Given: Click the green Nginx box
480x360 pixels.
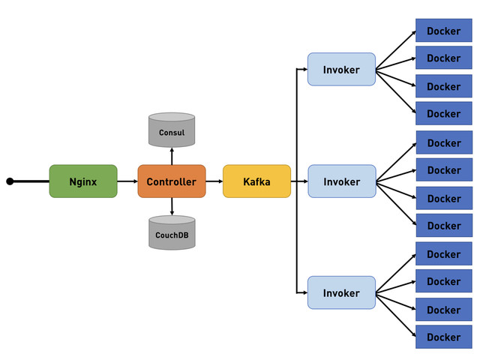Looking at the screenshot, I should click(x=83, y=181).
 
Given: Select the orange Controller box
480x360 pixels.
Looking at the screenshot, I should click(x=172, y=181).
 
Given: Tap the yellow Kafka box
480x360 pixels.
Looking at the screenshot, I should click(x=256, y=181).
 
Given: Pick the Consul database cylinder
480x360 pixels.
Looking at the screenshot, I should click(x=172, y=130).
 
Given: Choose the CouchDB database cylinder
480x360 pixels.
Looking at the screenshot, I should click(x=172, y=233).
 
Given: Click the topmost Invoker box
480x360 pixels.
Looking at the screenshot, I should click(x=341, y=70).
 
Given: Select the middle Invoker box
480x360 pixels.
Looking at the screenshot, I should click(x=341, y=181).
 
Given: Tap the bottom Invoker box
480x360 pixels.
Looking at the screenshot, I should click(x=341, y=293).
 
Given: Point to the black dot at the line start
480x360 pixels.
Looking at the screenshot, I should click(x=10, y=181).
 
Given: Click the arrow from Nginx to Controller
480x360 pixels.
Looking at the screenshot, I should click(x=127, y=181).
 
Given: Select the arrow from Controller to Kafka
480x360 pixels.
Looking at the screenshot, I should click(x=214, y=181).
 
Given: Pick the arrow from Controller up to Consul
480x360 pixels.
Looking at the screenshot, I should click(x=172, y=156).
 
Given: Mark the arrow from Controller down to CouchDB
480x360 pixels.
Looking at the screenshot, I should click(x=172, y=207).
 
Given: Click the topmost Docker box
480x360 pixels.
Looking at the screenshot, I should click(x=444, y=31).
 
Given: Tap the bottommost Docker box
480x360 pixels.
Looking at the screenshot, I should click(x=444, y=337).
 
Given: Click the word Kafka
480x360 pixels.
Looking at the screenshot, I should click(x=256, y=182).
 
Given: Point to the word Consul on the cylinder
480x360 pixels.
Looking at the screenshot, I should click(x=172, y=133).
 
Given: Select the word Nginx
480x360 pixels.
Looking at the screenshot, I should click(x=83, y=182).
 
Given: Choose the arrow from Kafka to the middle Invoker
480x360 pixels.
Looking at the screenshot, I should click(x=299, y=181).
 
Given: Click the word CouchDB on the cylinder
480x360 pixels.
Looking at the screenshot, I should click(x=172, y=235).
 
